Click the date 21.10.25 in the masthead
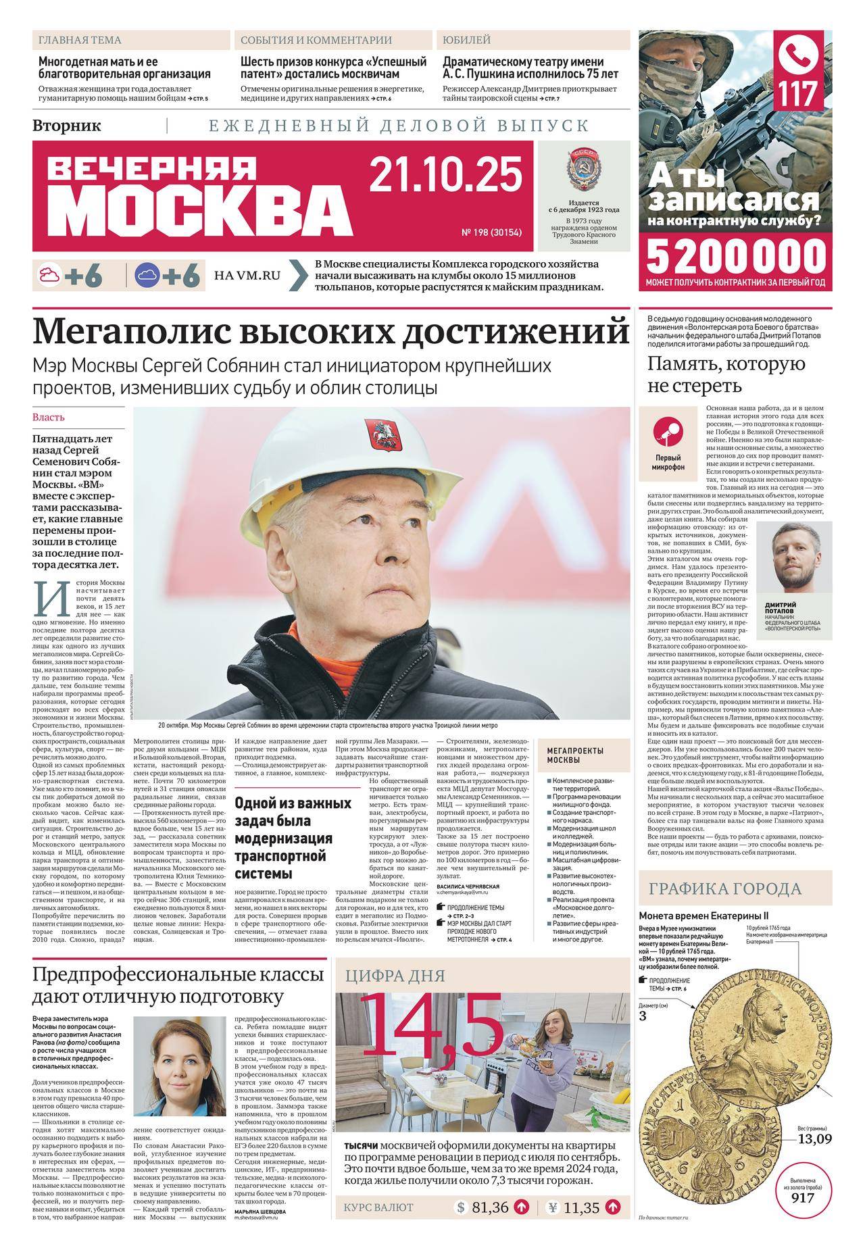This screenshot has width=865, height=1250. point(446,174)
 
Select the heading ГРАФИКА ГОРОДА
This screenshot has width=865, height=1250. point(725,889)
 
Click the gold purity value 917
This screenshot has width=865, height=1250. point(804,1198)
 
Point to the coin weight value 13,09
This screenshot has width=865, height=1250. point(814,1139)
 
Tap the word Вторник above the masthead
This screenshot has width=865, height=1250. point(66,126)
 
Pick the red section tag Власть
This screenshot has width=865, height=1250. point(49,418)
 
